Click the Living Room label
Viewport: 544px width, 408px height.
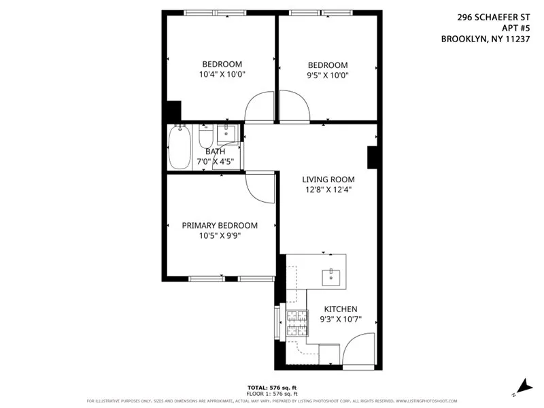(328, 180)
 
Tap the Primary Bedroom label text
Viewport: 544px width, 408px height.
(220, 226)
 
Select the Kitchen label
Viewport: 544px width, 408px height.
(340, 309)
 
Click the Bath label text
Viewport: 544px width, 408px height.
(216, 152)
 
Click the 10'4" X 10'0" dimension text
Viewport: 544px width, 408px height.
(222, 75)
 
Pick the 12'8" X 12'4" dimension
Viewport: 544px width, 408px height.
(328, 190)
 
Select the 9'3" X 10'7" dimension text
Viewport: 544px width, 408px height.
(340, 319)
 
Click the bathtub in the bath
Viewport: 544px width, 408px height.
(180, 147)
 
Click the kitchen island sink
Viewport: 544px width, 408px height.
(332, 275)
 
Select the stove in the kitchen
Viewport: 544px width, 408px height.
(296, 323)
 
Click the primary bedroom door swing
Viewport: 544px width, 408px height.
(259, 186)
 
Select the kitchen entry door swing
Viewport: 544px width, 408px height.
(358, 349)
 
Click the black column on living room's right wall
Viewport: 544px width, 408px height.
(372, 157)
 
